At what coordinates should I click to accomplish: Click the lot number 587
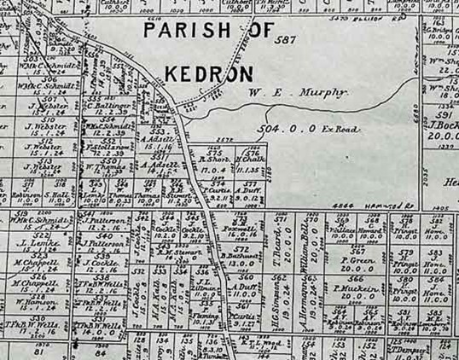pos(286,39)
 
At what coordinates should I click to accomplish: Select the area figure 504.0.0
pos(280,129)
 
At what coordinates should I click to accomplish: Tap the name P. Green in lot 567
pos(357,259)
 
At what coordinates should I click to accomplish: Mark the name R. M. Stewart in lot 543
pos(180,252)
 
